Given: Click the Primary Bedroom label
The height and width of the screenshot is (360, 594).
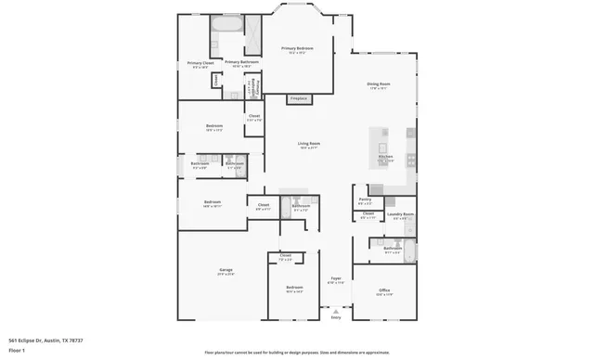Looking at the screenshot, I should tap(297, 48).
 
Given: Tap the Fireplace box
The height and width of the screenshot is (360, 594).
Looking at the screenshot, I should tap(299, 97).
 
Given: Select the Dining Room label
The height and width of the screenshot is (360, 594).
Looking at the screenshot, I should tap(379, 85).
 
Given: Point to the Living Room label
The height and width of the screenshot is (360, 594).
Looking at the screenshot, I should tap(308, 144).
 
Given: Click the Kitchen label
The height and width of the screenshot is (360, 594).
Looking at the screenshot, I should tap(385, 158).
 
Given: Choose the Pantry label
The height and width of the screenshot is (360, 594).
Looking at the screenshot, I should tap(365, 199).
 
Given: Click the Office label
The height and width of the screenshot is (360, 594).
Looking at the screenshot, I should tap(384, 291).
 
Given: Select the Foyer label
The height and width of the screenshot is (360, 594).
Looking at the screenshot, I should tap(336, 278).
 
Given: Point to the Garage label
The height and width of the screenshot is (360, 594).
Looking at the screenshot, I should tap(226, 271).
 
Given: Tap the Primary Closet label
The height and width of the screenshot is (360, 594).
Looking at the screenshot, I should tap(200, 64).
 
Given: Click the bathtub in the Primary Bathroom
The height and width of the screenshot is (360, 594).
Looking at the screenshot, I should tap(226, 24).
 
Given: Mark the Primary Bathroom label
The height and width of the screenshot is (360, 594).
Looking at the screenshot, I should tap(240, 62).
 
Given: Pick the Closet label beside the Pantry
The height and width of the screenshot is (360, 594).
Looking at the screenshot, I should tap(368, 215).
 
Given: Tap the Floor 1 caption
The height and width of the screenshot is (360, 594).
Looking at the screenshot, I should tap(16, 351).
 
